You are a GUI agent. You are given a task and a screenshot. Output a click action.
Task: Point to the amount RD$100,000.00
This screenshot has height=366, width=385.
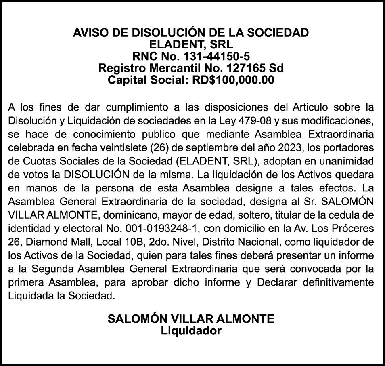233,80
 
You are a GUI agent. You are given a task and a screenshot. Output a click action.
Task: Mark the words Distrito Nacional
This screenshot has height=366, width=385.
216,242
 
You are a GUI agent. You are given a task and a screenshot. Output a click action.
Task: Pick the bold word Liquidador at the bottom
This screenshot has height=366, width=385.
191,331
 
